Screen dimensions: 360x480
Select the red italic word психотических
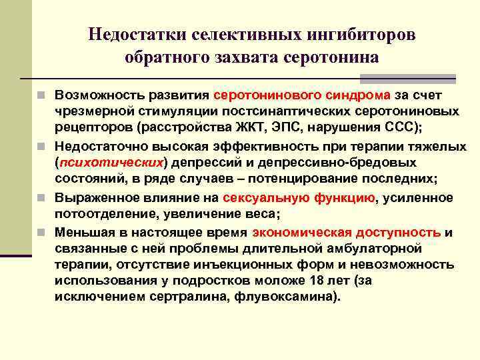click(111, 163)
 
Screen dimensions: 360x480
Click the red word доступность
click(399, 232)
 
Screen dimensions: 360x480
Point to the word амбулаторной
click(381, 249)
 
